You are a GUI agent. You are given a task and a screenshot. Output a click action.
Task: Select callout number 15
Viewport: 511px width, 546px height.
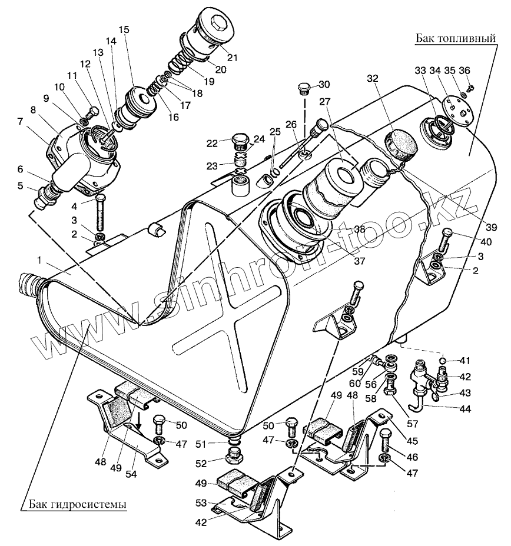click(x=122, y=29)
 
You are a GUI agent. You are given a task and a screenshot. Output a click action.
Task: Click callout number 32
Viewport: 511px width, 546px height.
click(x=372, y=78)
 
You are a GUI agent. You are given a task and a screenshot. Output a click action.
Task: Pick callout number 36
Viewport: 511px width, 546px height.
click(x=464, y=71)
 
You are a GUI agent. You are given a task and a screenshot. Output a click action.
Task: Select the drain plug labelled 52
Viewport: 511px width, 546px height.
click(x=235, y=455)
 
